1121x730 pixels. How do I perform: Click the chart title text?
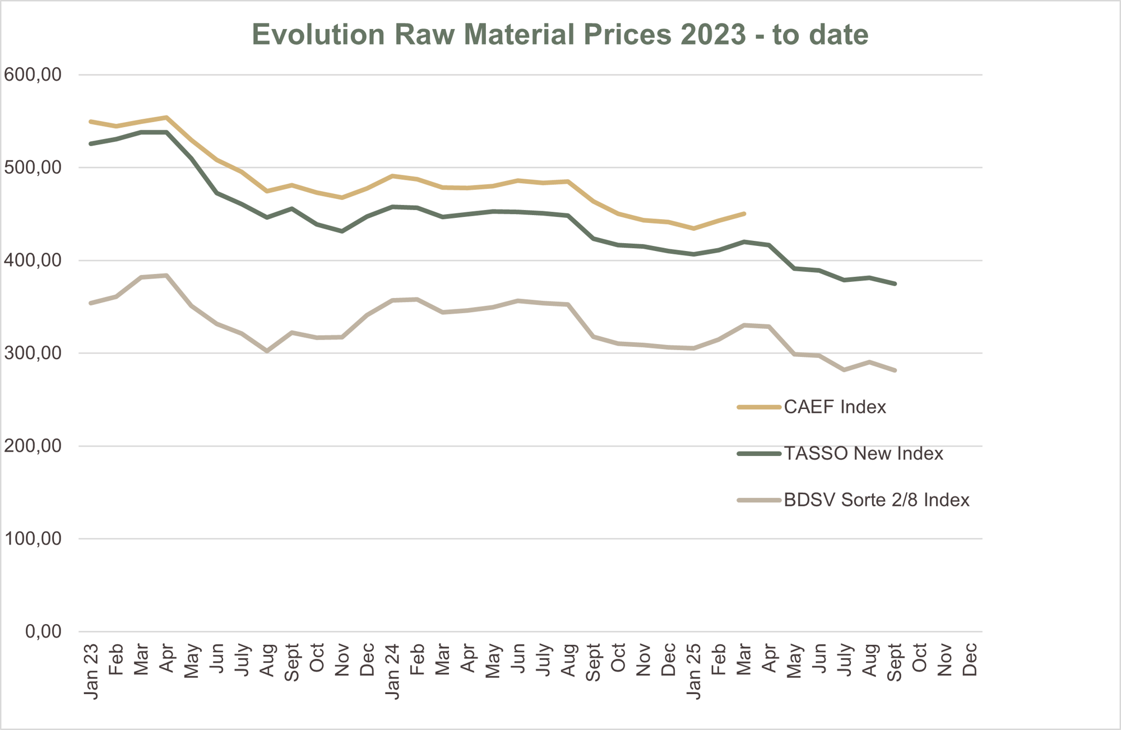pyautogui.click(x=560, y=34)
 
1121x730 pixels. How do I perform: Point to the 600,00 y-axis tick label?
pyautogui.click(x=33, y=75)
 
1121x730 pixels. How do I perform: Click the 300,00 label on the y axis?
pyautogui.click(x=33, y=353)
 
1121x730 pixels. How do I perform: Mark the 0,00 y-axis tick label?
pyautogui.click(x=43, y=631)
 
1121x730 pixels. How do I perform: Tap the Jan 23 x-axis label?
pyautogui.click(x=91, y=671)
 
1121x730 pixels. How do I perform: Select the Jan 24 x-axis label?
pyautogui.click(x=393, y=671)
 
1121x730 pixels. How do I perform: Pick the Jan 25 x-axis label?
pyautogui.click(x=694, y=671)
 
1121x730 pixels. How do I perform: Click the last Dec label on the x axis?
pyautogui.click(x=970, y=660)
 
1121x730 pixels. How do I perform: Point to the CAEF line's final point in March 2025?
pyautogui.click(x=744, y=213)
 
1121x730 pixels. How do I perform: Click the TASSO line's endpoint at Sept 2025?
pyautogui.click(x=895, y=284)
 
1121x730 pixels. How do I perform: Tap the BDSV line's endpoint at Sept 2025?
pyautogui.click(x=895, y=370)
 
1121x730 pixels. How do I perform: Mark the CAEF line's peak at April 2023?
pyautogui.click(x=167, y=117)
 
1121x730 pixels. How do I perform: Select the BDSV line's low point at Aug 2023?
pyautogui.click(x=267, y=351)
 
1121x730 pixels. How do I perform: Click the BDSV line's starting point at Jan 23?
pyautogui.click(x=91, y=303)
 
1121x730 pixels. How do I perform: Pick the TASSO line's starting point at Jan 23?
pyautogui.click(x=91, y=144)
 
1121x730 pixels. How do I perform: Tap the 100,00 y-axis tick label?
pyautogui.click(x=33, y=538)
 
